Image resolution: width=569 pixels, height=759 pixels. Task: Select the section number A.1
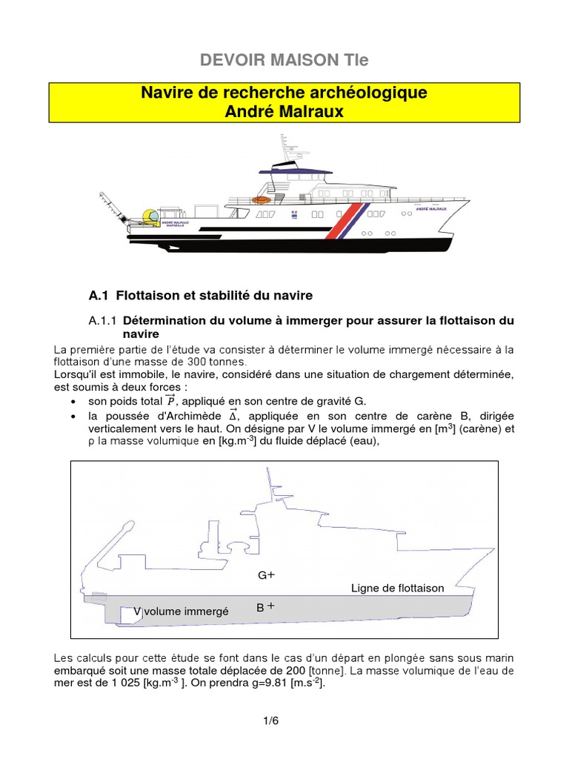click(99, 296)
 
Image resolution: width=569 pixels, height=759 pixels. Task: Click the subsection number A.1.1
click(103, 321)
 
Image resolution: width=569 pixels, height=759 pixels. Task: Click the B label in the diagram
click(261, 608)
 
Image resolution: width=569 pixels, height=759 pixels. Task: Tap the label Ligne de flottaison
click(397, 588)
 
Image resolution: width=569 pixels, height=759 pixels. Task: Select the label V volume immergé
click(182, 611)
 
